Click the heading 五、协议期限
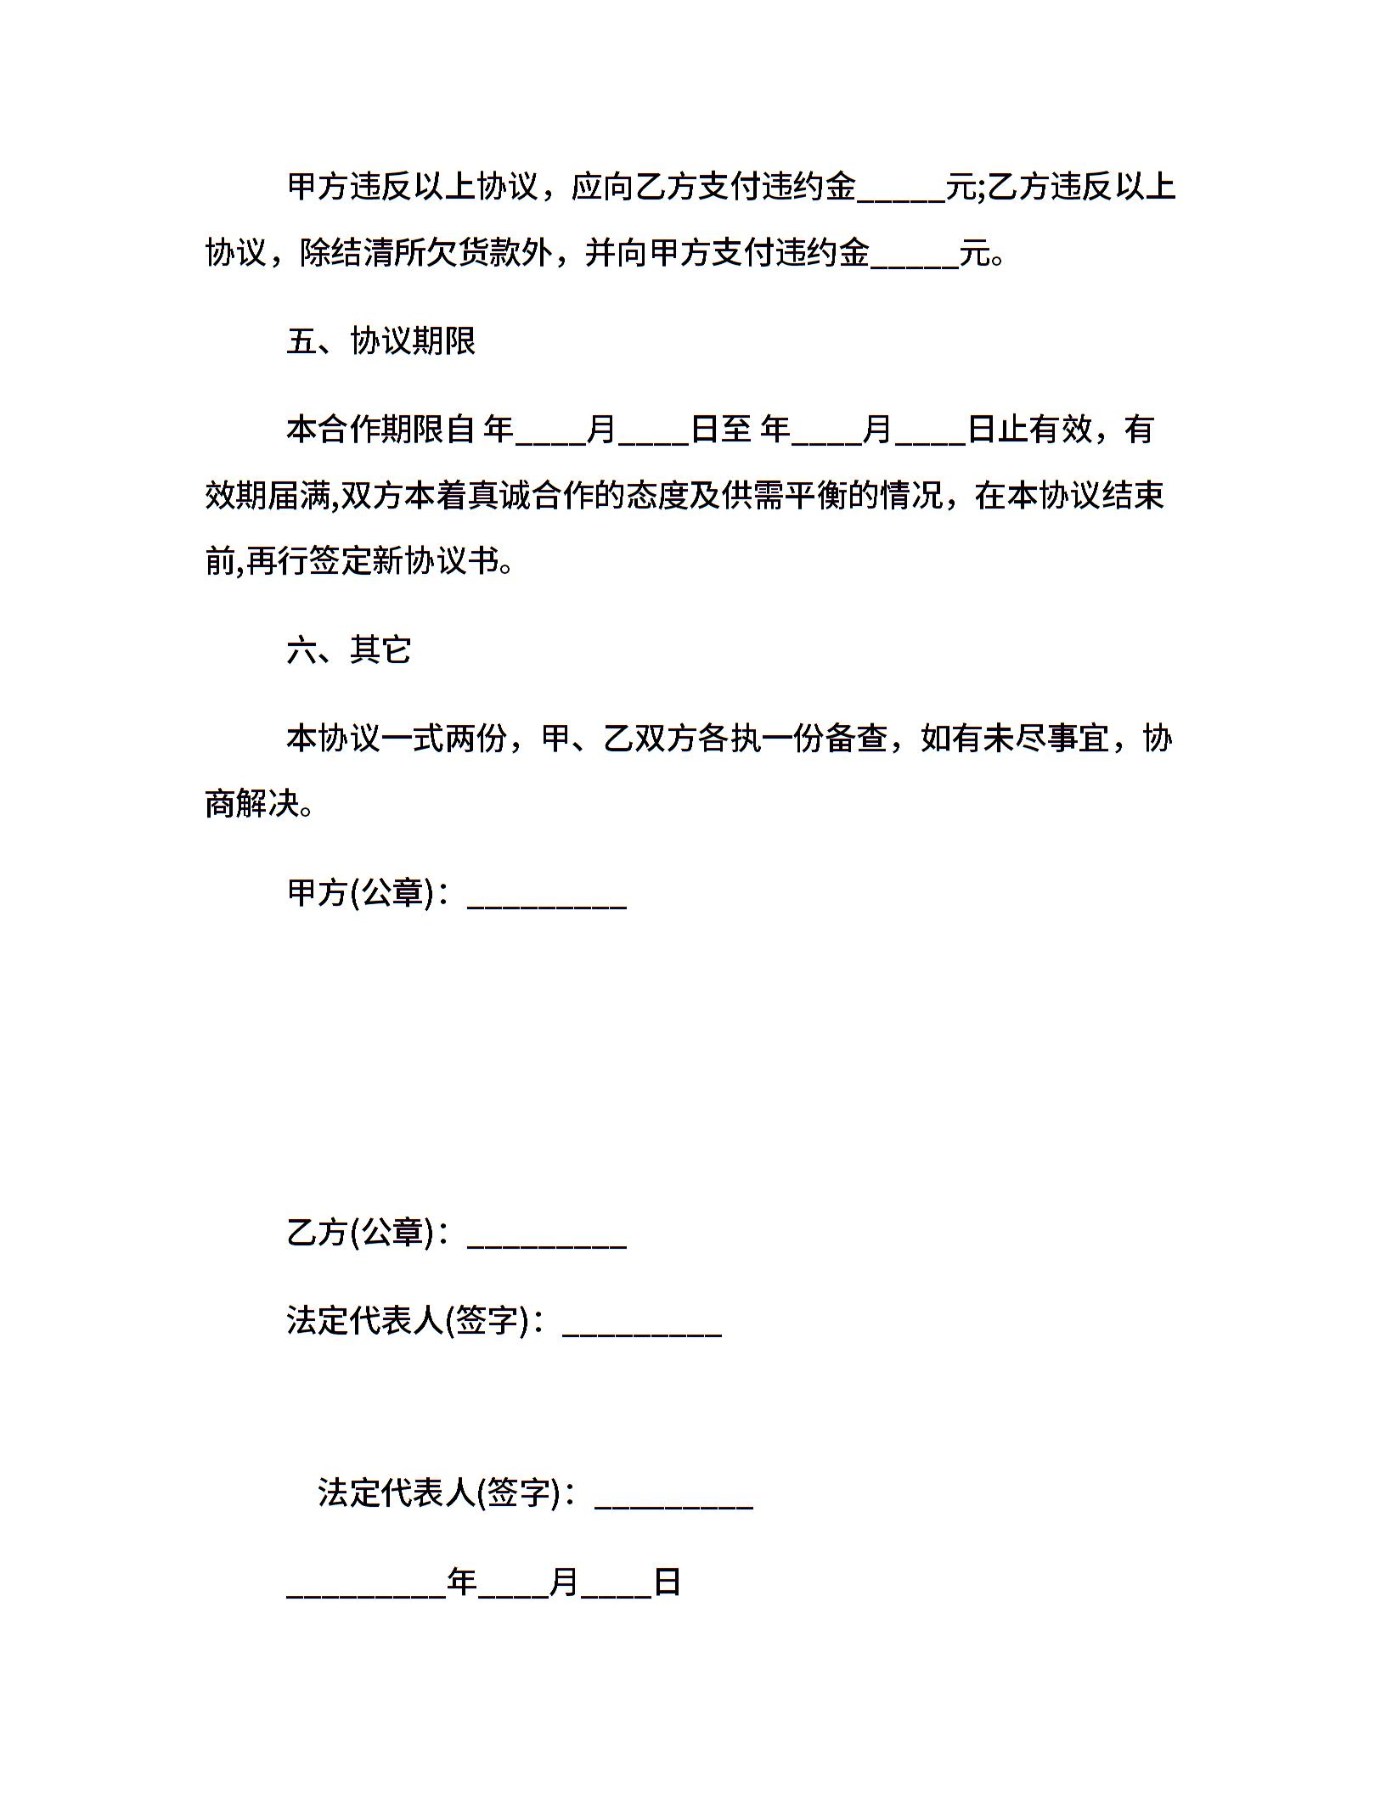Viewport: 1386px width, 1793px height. (x=380, y=341)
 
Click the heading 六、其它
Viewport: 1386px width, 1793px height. (x=349, y=650)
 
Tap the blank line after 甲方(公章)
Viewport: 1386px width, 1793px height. (x=547, y=897)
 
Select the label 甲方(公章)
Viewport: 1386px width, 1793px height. (x=361, y=893)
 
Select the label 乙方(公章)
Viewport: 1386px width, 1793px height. (x=361, y=1233)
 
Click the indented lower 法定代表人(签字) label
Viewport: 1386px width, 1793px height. (x=439, y=1492)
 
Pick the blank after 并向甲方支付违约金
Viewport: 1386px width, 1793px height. (x=915, y=258)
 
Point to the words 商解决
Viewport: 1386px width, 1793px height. (x=253, y=804)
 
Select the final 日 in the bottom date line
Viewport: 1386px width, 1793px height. (x=668, y=1582)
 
